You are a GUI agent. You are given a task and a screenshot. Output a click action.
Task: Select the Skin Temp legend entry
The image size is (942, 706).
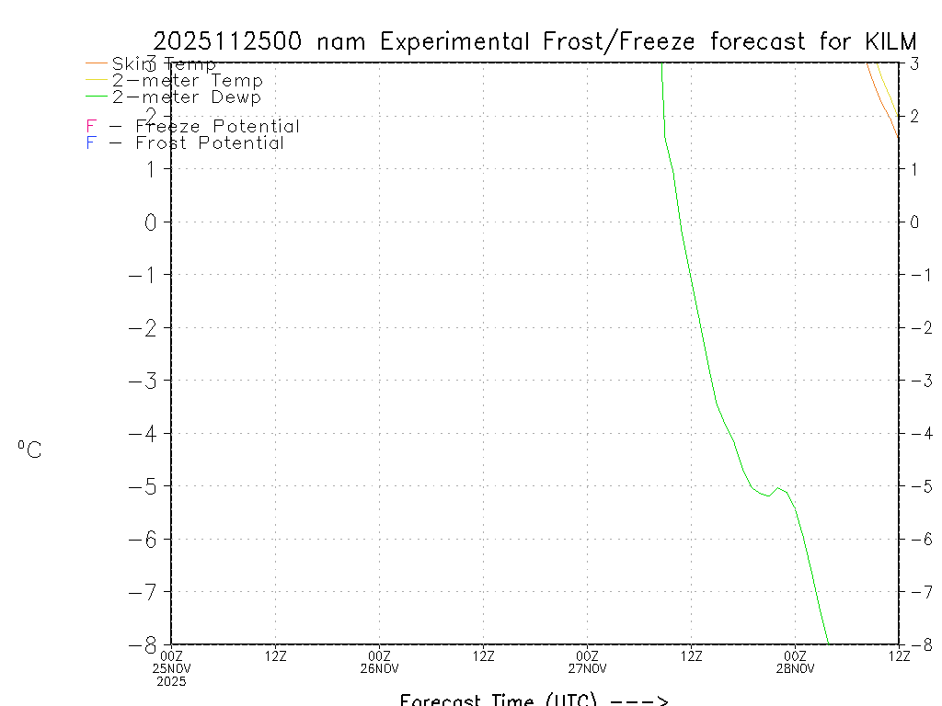pyautogui.click(x=164, y=64)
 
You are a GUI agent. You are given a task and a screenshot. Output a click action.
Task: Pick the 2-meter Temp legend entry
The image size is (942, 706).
pyautogui.click(x=187, y=81)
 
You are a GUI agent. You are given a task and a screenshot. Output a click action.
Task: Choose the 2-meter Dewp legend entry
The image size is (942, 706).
pyautogui.click(x=186, y=97)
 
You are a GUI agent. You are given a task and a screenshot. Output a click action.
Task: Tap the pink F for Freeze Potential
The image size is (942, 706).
pyautogui.click(x=91, y=127)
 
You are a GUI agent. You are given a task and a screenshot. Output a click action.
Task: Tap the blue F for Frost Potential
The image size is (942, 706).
pyautogui.click(x=91, y=143)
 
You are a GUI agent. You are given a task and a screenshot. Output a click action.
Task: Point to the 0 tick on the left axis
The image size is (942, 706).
pyautogui.click(x=153, y=222)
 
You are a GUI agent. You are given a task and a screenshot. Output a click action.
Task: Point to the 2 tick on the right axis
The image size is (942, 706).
pyautogui.click(x=914, y=116)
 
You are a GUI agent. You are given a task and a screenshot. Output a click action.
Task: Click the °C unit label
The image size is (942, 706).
pyautogui.click(x=29, y=450)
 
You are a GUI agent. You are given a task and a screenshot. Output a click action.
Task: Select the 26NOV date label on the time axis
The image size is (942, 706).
pyautogui.click(x=379, y=668)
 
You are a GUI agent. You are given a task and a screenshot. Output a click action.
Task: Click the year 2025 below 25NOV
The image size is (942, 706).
pyautogui.click(x=171, y=681)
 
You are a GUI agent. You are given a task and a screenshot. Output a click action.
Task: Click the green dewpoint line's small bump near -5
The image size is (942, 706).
pyautogui.click(x=778, y=488)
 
